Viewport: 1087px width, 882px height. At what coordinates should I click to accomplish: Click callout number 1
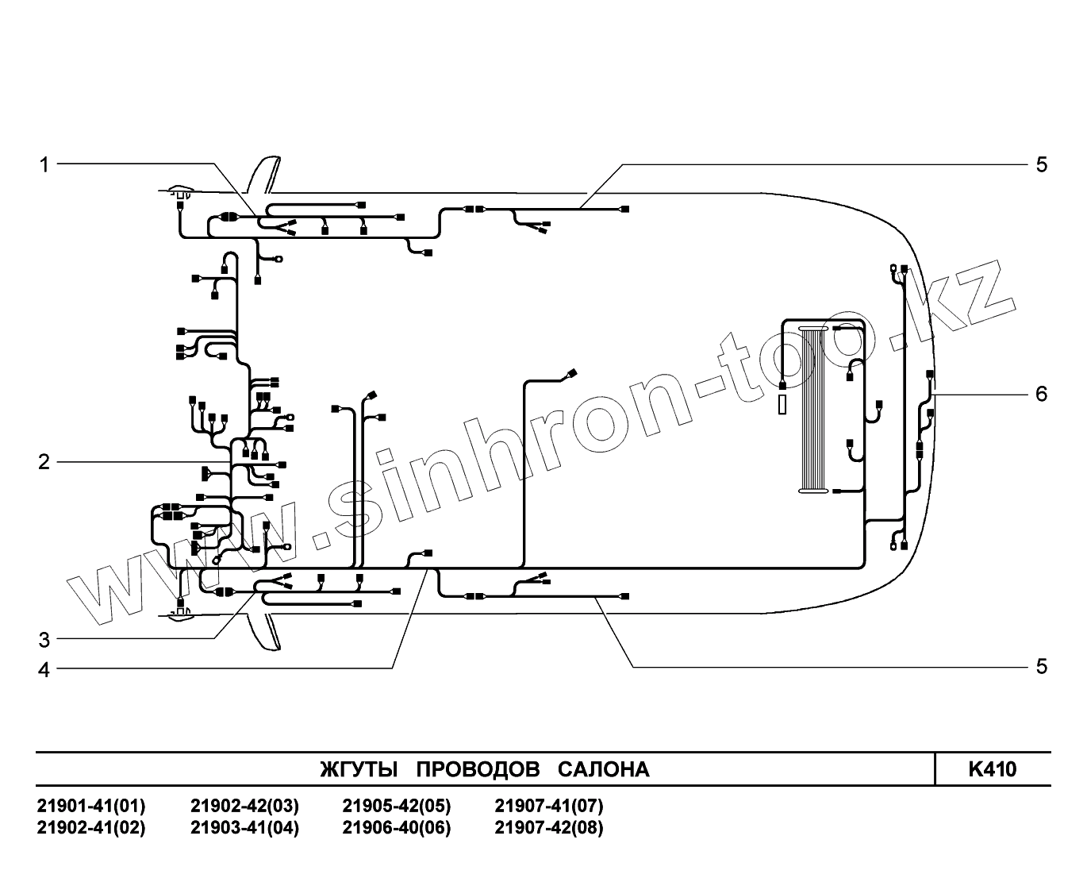pyautogui.click(x=44, y=164)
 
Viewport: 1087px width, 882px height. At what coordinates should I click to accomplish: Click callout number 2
pyautogui.click(x=44, y=462)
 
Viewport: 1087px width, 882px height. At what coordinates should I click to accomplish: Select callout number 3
pyautogui.click(x=44, y=640)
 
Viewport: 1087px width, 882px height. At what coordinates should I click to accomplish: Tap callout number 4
pyautogui.click(x=44, y=670)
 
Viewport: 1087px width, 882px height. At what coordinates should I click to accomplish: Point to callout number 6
pyautogui.click(x=1041, y=394)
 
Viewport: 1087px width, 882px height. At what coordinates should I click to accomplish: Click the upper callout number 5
pyautogui.click(x=1041, y=164)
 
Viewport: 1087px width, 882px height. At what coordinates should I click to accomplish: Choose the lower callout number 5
pyautogui.click(x=1041, y=666)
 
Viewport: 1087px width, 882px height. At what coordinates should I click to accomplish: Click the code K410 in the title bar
pyautogui.click(x=992, y=769)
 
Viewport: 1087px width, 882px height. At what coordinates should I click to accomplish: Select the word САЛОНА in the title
pyautogui.click(x=603, y=769)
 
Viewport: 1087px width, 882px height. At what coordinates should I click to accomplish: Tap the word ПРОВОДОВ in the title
pyautogui.click(x=478, y=769)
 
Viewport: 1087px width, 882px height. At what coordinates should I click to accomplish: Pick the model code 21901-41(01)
pyautogui.click(x=91, y=807)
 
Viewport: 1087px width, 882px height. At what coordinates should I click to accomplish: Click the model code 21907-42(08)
pyautogui.click(x=548, y=828)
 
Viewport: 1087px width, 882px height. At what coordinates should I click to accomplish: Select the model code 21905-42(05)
pyautogui.click(x=396, y=807)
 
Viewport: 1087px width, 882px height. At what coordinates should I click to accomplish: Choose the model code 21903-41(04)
pyautogui.click(x=244, y=828)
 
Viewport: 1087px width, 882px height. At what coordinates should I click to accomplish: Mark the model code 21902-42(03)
pyautogui.click(x=244, y=807)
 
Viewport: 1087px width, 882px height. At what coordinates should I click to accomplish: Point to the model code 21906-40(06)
pyautogui.click(x=396, y=828)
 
